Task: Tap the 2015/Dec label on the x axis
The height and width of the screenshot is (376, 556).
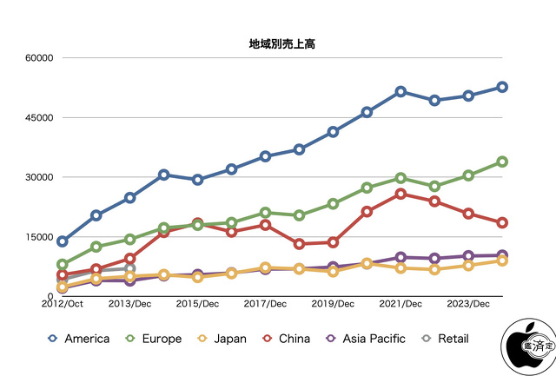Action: (197, 304)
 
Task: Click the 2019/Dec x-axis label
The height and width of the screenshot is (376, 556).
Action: (333, 304)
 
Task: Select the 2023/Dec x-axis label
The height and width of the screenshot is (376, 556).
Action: (468, 304)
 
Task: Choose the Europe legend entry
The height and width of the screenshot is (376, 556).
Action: (154, 339)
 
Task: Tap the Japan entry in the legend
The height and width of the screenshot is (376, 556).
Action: (221, 339)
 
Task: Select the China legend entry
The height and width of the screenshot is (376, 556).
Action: (286, 339)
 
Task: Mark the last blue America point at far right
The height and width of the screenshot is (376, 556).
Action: (502, 87)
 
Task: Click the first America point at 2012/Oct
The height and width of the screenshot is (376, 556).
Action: (63, 241)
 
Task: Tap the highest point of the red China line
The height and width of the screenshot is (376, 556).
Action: (400, 194)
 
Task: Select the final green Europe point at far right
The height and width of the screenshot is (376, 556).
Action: (502, 162)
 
